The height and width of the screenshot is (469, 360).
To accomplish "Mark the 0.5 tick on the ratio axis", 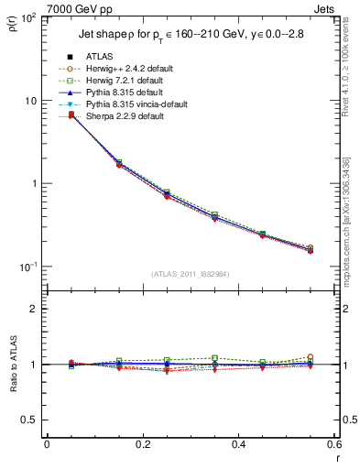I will click(34, 420).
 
